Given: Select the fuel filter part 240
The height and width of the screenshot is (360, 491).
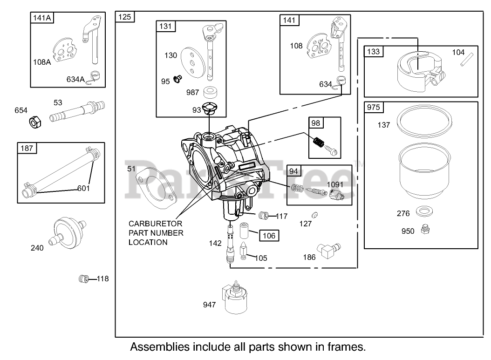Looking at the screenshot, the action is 67,232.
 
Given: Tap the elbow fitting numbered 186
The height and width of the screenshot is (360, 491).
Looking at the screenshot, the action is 328,250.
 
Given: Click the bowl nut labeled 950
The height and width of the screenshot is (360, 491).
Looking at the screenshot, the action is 425,230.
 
